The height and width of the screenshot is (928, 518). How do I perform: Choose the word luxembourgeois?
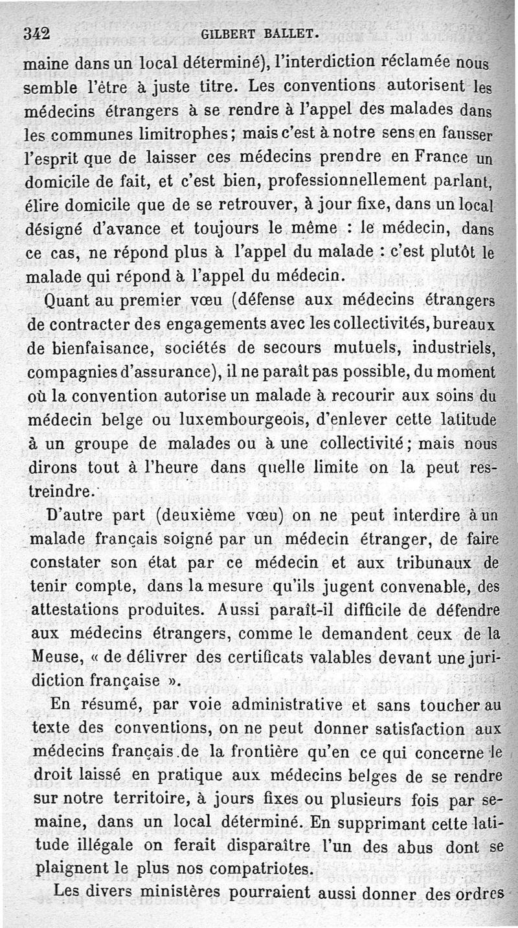234,422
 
